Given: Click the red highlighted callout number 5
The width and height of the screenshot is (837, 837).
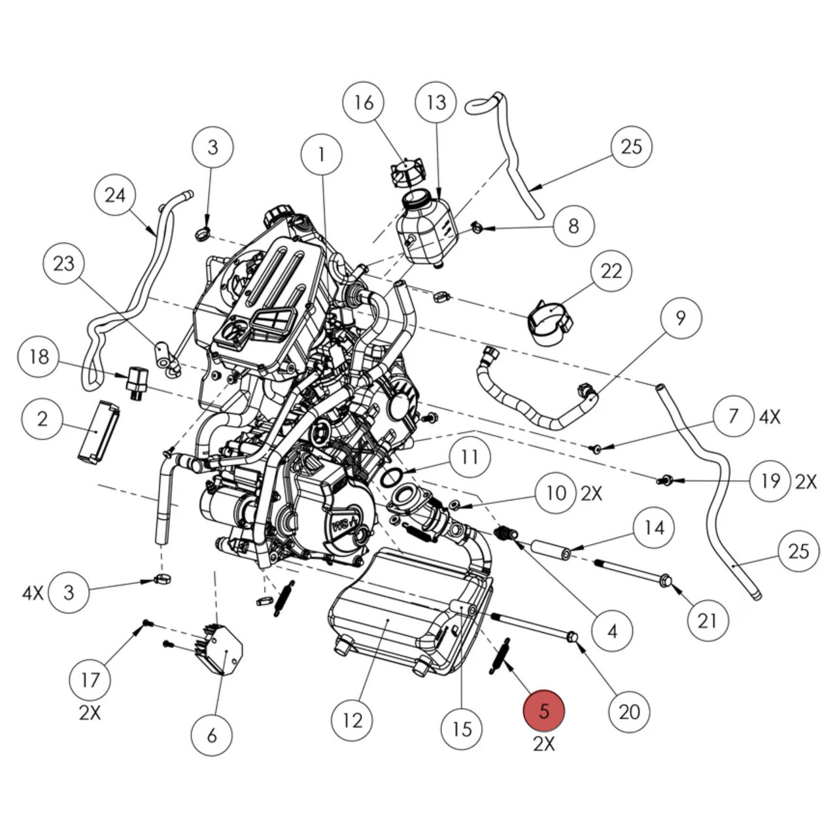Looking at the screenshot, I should (543, 711).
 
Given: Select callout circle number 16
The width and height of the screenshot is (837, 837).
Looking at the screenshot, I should (364, 103).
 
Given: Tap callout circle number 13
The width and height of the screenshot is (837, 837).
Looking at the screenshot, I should (436, 103).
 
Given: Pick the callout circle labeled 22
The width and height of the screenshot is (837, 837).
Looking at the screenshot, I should (611, 271).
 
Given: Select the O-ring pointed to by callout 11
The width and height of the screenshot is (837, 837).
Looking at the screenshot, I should (391, 477).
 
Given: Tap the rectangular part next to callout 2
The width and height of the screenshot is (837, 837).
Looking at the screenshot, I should (98, 432).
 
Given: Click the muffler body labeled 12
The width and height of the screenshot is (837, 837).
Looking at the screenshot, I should (386, 611).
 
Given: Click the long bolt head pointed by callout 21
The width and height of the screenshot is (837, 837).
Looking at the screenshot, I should (666, 580).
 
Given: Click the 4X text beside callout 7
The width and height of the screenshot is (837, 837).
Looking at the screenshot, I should (770, 417).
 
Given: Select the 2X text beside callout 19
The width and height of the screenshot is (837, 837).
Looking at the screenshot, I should (806, 482).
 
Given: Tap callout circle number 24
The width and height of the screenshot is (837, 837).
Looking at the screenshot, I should (115, 195).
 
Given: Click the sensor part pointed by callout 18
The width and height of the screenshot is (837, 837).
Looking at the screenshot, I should (136, 381).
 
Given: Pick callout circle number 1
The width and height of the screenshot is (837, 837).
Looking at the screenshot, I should (321, 155).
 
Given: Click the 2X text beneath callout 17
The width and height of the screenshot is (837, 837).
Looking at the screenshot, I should (90, 713).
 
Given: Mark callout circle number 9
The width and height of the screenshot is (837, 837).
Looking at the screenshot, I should (680, 318).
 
